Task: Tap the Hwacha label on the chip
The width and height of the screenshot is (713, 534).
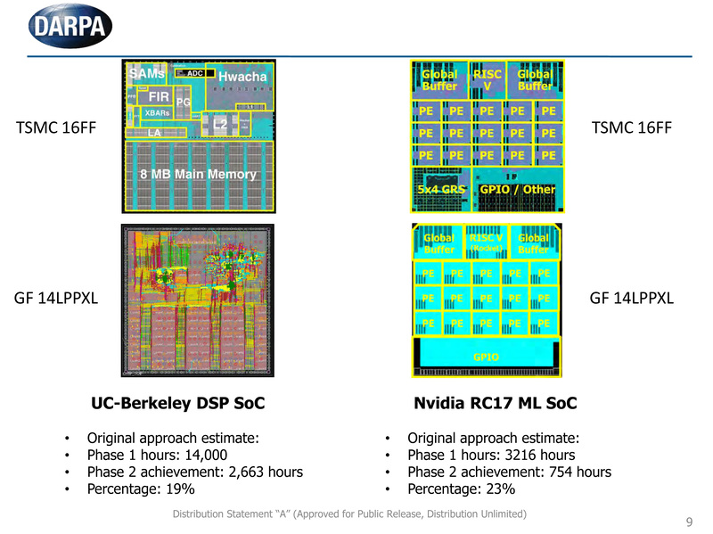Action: pyautogui.click(x=242, y=77)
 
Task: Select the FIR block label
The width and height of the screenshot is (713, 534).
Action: pyautogui.click(x=159, y=96)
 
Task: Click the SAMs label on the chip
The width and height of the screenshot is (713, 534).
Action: pyautogui.click(x=146, y=72)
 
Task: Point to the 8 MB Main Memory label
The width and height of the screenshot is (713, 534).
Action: pyautogui.click(x=198, y=174)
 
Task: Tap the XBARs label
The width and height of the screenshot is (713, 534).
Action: pyautogui.click(x=157, y=113)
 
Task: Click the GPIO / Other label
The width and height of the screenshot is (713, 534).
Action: pyautogui.click(x=517, y=189)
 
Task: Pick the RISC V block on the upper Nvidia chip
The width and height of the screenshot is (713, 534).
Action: pyautogui.click(x=488, y=80)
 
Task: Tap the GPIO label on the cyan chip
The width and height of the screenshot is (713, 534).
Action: pyautogui.click(x=486, y=357)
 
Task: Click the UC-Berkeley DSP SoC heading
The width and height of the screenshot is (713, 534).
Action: pyautogui.click(x=178, y=404)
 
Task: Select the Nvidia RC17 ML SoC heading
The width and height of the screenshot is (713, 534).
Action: pyautogui.click(x=496, y=404)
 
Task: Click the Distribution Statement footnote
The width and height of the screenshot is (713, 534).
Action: pyautogui.click(x=349, y=514)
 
